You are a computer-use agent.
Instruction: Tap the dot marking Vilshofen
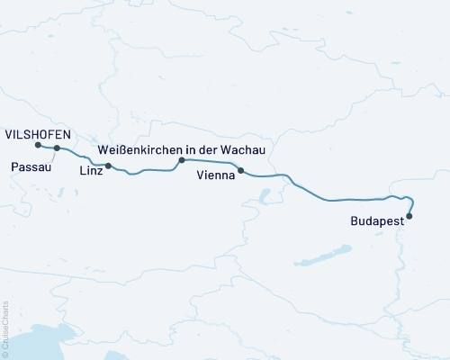coord(37,145)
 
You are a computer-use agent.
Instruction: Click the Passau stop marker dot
coord(57,148)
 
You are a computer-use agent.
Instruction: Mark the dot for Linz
coord(108,166)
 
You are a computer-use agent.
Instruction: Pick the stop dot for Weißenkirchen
coord(181,160)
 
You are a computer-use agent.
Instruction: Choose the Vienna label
coord(216,177)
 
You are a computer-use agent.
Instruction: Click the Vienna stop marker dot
coord(240,170)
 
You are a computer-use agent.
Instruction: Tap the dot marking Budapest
coord(409,215)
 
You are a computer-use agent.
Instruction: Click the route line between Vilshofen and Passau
coord(47,148)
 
